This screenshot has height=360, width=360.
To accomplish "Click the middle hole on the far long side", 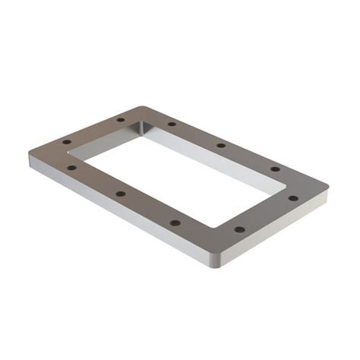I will pyautogui.click(x=221, y=145).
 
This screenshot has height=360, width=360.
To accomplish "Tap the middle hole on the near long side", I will pyautogui.click(x=121, y=194).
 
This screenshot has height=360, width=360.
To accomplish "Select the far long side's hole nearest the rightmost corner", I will pyautogui.click(x=276, y=169).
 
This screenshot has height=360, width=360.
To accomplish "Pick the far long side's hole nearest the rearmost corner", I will pyautogui.click(x=172, y=123).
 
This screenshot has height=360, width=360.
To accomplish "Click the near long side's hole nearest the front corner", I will pyautogui.click(x=175, y=223).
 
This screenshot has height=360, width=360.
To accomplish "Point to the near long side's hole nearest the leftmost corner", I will pyautogui.click(x=71, y=168).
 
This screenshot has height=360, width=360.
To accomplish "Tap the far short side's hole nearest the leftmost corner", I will pyautogui.click(x=67, y=142).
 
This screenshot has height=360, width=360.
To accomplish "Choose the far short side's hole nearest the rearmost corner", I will pyautogui.click(x=120, y=120).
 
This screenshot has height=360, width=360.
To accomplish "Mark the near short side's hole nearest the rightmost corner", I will pyautogui.click(x=293, y=198).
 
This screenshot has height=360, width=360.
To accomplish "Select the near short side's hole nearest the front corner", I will pyautogui.click(x=239, y=229).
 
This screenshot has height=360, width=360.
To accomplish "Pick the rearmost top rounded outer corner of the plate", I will pyautogui.click(x=141, y=107).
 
